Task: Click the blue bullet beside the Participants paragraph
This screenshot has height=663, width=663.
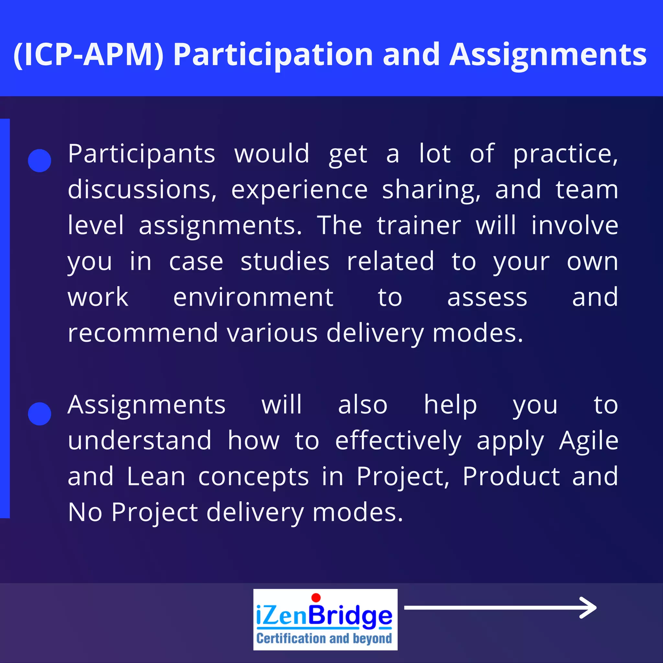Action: [x=39, y=161]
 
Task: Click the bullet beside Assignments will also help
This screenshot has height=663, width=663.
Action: [x=39, y=414]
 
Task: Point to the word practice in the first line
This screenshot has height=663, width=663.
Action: [x=565, y=154]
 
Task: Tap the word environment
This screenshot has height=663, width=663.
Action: [x=253, y=297]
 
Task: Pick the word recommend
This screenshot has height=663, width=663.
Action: [x=143, y=333]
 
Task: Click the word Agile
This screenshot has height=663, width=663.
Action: [x=589, y=441]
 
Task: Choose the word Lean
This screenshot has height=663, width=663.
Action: [x=156, y=476]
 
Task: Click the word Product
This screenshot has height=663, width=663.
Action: [x=511, y=476]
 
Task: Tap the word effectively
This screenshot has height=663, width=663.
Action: [x=398, y=441]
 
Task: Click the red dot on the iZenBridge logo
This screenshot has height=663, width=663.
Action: [x=316, y=598]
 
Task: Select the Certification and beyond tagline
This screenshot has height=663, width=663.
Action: [x=324, y=638]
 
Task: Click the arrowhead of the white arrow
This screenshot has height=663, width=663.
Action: [x=590, y=608]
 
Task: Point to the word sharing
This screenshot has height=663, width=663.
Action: [x=431, y=190]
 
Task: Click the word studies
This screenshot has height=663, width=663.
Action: [x=285, y=262]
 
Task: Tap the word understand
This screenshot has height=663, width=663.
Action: [x=139, y=441]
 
